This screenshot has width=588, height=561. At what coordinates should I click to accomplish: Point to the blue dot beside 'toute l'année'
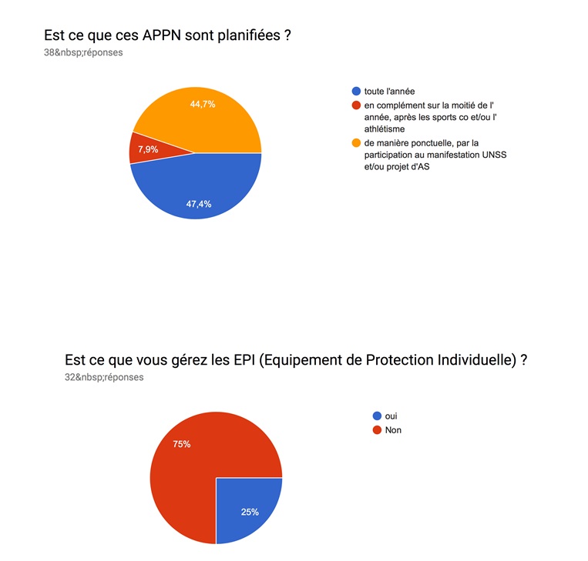point(355,92)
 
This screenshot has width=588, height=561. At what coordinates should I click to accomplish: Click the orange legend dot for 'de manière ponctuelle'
point(355,142)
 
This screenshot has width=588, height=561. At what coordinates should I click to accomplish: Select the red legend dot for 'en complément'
point(355,105)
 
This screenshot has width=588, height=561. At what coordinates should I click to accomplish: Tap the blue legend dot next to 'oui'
point(376,416)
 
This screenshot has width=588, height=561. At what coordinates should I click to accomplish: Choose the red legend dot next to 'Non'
point(376,430)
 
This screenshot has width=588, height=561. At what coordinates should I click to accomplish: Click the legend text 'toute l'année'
point(390,92)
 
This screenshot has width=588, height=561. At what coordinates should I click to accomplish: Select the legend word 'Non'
point(393,430)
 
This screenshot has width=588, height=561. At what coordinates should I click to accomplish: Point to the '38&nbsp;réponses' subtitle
point(83,53)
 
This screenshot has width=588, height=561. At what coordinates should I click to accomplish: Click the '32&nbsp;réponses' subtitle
point(104,377)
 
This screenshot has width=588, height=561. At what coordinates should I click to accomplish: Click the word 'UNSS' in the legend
point(492,155)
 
